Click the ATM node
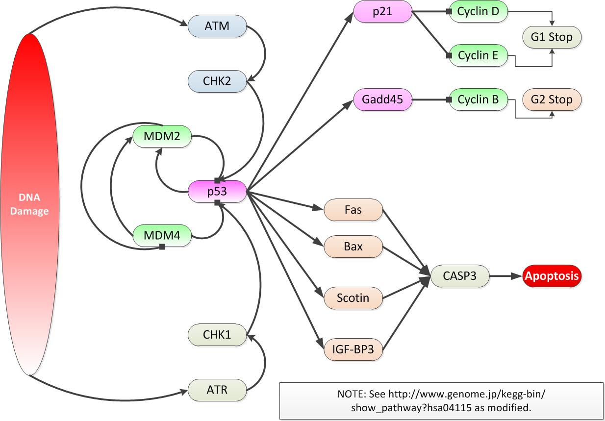coord(217,25)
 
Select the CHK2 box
coord(217,81)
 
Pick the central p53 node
coord(217,191)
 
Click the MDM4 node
coord(162,236)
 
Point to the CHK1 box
coord(217,335)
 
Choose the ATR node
coord(217,390)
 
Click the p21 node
coord(382,11)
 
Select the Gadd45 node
coord(382,100)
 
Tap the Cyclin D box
coord(478,11)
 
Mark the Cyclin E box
coord(478,55)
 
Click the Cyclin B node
coord(478,100)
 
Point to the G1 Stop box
coord(552,37)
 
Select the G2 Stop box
coord(552,100)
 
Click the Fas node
coord(353,210)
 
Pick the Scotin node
coord(353,297)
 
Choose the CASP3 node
coord(459,276)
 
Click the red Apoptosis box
coord(552,276)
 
